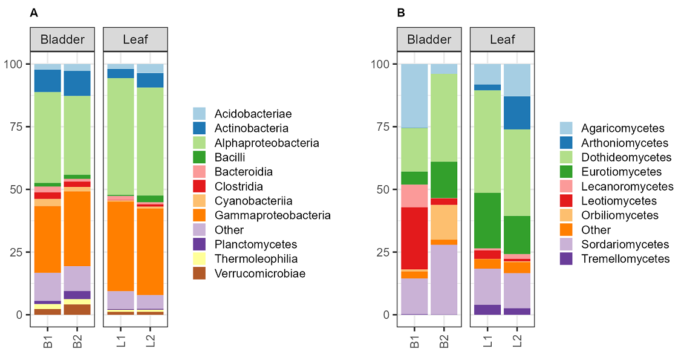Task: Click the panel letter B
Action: coord(401,13)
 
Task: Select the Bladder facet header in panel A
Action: coord(62,40)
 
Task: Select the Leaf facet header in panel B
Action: coord(503,40)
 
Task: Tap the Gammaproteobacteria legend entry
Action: coord(272,215)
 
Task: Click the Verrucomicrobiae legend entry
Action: coord(259,273)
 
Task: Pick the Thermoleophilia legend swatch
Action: coord(200,259)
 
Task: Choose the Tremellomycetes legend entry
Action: coord(625,259)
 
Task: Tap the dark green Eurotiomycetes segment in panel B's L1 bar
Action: coord(487,221)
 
